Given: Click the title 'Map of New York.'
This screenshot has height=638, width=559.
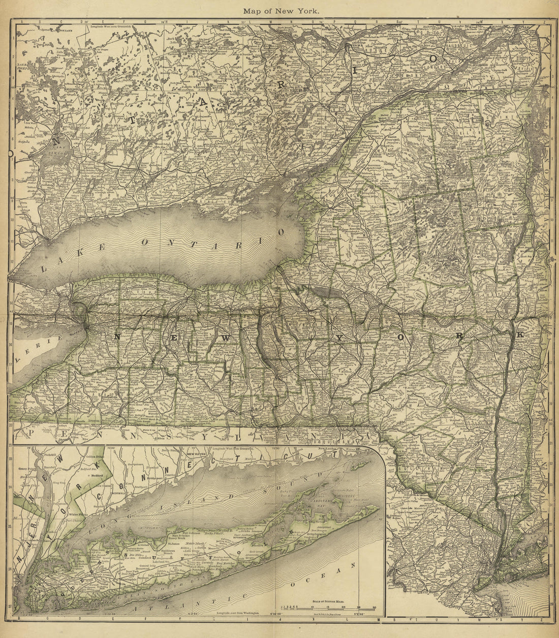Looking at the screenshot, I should pyautogui.click(x=281, y=10).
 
